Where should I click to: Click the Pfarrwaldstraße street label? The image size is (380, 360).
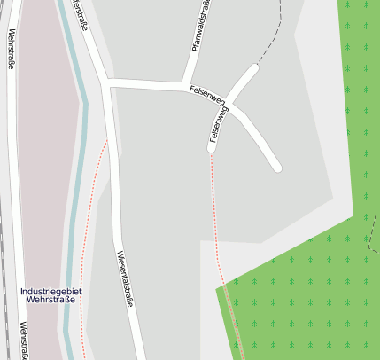point(201,28)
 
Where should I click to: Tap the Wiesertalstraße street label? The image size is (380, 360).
point(126,278)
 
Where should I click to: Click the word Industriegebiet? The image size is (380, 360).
point(50,290)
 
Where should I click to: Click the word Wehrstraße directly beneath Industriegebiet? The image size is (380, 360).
point(50,301)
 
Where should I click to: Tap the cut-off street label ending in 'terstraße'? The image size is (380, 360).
point(78,16)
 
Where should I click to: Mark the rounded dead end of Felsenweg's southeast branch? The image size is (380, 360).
point(276,166)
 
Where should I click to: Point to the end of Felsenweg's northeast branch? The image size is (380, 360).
point(255,67)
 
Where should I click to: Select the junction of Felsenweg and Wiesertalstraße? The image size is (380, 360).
point(107,82)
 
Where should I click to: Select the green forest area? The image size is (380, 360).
point(301,293)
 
